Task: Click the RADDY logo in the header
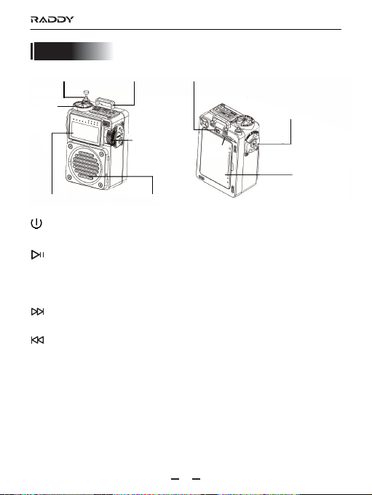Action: pyautogui.click(x=52, y=20)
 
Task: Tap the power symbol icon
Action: pyautogui.click(x=36, y=223)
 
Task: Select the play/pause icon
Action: pyautogui.click(x=37, y=254)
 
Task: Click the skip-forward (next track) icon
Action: pyautogui.click(x=37, y=312)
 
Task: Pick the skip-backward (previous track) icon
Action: pyautogui.click(x=37, y=340)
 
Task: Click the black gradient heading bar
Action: pyautogui.click(x=72, y=51)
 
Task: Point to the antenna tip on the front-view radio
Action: pyautogui.click(x=85, y=92)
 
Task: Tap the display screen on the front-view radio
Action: pyautogui.click(x=85, y=132)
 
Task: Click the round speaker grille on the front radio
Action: pyautogui.click(x=87, y=166)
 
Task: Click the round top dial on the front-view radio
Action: pyautogui.click(x=82, y=105)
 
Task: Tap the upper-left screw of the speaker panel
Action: pyautogui.click(x=70, y=147)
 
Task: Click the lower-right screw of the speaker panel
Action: pyautogui.click(x=100, y=185)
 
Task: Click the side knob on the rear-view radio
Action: pyautogui.click(x=253, y=142)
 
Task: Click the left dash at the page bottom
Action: pyautogui.click(x=175, y=479)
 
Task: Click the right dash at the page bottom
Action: pyautogui.click(x=197, y=479)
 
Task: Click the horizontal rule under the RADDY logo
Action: pyautogui.click(x=186, y=29)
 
